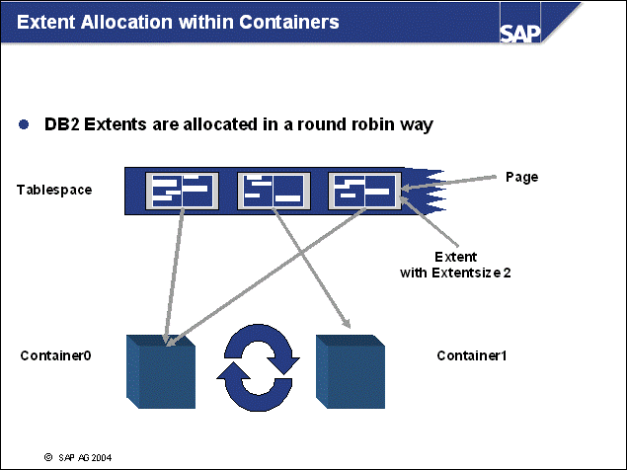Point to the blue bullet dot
pos(25,125)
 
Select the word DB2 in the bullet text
pos(62,125)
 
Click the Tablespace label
pos(54,189)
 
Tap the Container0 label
pos(55,354)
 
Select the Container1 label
pos(472,354)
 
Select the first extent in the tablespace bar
pos(179,191)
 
